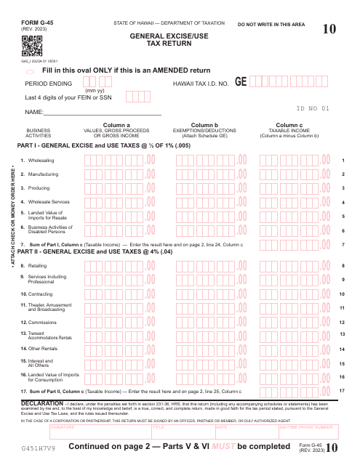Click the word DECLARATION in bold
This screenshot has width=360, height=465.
coord(42,402)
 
